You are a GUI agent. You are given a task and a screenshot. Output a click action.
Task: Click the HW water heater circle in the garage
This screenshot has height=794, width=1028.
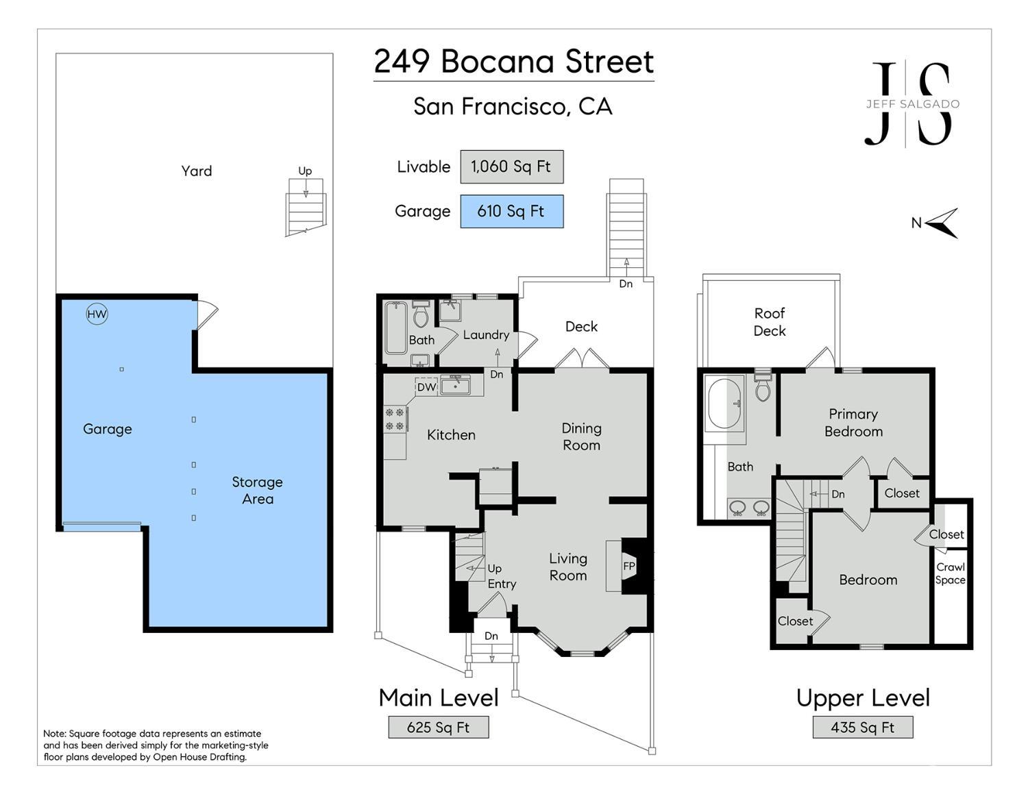click(97, 314)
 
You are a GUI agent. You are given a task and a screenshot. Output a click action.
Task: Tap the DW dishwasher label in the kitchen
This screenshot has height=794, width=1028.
click(426, 387)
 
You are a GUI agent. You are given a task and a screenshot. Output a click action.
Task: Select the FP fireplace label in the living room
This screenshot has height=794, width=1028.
click(629, 566)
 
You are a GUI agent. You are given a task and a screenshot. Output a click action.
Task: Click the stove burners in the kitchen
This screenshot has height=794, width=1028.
click(395, 419)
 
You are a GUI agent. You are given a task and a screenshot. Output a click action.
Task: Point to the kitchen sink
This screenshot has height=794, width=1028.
click(455, 386)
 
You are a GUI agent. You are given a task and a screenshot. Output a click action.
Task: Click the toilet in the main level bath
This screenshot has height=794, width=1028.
click(421, 315)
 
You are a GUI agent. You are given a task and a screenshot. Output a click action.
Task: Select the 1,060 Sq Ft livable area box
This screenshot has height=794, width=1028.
click(511, 166)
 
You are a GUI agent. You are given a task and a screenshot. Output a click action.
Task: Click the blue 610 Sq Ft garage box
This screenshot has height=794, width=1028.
click(511, 211)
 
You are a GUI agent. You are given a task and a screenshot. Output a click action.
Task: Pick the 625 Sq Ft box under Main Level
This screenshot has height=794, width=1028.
click(438, 727)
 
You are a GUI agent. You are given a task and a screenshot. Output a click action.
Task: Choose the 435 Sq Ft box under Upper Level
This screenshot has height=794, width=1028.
click(862, 727)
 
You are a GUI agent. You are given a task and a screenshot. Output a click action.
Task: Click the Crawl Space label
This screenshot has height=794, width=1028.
click(951, 573)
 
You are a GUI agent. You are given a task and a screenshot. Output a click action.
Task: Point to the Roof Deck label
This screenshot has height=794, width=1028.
click(769, 322)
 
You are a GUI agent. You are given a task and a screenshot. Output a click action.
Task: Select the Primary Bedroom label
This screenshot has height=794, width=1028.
click(853, 423)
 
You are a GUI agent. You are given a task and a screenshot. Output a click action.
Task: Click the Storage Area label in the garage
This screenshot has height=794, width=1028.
click(257, 491)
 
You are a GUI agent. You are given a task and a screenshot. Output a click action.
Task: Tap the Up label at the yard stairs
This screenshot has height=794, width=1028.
click(305, 171)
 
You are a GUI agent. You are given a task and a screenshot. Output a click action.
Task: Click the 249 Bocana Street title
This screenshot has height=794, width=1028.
click(513, 62)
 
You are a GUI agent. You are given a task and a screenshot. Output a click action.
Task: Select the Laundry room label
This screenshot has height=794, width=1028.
click(486, 335)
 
